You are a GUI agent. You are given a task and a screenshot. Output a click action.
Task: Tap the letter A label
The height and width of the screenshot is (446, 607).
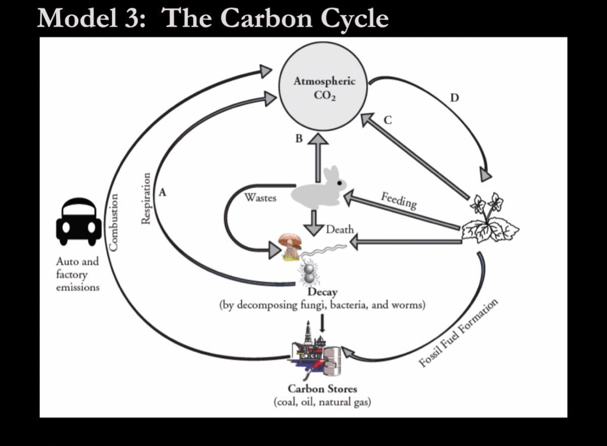[162, 192]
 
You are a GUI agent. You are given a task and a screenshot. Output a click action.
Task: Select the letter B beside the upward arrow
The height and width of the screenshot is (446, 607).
[299, 138]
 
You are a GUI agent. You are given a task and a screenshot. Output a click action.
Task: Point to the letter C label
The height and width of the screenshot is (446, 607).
[387, 120]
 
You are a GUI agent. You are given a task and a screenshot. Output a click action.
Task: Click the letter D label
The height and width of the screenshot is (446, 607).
[454, 97]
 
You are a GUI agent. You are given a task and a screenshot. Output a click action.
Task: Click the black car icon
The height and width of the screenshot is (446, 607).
[78, 222]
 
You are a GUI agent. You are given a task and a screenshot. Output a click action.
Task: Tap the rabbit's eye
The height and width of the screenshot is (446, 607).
[340, 182]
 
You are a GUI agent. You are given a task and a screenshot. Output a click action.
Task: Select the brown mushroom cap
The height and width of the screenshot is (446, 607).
[290, 238]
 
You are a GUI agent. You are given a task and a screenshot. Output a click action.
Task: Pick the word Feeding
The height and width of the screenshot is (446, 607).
[399, 200]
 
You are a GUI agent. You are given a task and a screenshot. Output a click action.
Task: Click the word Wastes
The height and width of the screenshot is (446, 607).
[260, 197]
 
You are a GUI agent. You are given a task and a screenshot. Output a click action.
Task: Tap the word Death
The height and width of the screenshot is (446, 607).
[340, 229]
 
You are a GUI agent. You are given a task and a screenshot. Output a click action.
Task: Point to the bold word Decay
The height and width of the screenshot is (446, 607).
[323, 293]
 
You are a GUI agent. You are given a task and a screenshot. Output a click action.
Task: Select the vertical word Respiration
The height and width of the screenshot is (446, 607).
[146, 198]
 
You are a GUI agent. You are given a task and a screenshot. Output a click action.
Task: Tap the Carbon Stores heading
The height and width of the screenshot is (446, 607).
[322, 389]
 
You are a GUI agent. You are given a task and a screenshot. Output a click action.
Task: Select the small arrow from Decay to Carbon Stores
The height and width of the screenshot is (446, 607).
[323, 322]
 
